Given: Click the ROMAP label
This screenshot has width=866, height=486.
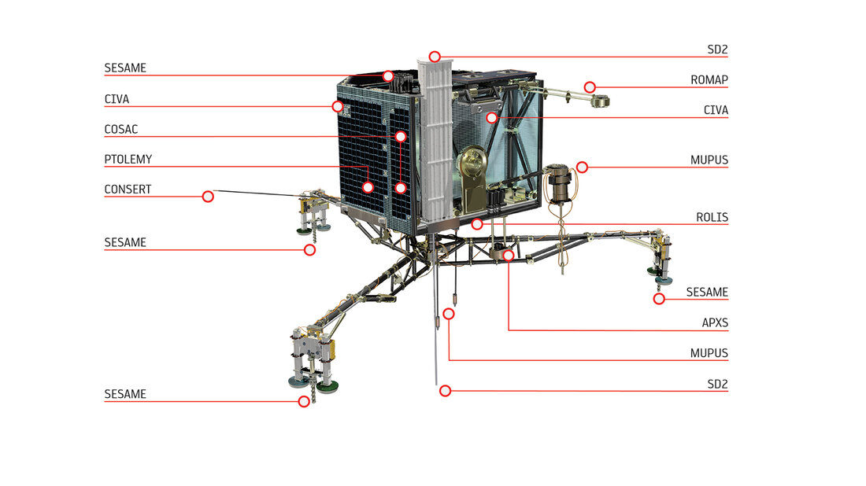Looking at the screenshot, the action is [709, 80].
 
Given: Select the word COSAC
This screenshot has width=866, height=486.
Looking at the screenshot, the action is [121, 130].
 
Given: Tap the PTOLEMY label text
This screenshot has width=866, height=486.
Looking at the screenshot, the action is [128, 160].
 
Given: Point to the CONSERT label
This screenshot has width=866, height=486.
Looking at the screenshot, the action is [128, 190].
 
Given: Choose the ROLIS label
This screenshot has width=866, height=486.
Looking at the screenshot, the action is [712, 217].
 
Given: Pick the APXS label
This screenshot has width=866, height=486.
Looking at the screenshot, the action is [715, 322].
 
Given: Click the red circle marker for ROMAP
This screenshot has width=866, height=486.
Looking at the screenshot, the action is [590, 87].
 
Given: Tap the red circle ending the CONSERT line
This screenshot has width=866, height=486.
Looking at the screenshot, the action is [208, 197].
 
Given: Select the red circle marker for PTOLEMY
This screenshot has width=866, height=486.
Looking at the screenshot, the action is [368, 188].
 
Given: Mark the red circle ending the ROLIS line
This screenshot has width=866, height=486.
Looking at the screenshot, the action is [477, 224].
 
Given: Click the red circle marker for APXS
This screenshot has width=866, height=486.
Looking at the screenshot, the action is [508, 256].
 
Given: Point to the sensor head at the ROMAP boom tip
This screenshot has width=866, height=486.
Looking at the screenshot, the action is [600, 101].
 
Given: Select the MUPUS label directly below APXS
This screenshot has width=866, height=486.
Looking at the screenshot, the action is [709, 353].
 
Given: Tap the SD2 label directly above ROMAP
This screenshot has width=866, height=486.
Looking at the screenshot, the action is [717, 50].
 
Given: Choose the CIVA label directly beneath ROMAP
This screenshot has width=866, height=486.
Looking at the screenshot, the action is [716, 110].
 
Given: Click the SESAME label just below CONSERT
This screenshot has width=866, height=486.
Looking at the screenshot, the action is [125, 243].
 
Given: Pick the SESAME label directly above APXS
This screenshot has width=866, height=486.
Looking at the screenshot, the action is [707, 293].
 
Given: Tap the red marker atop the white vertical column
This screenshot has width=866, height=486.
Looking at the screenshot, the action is [435, 57].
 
